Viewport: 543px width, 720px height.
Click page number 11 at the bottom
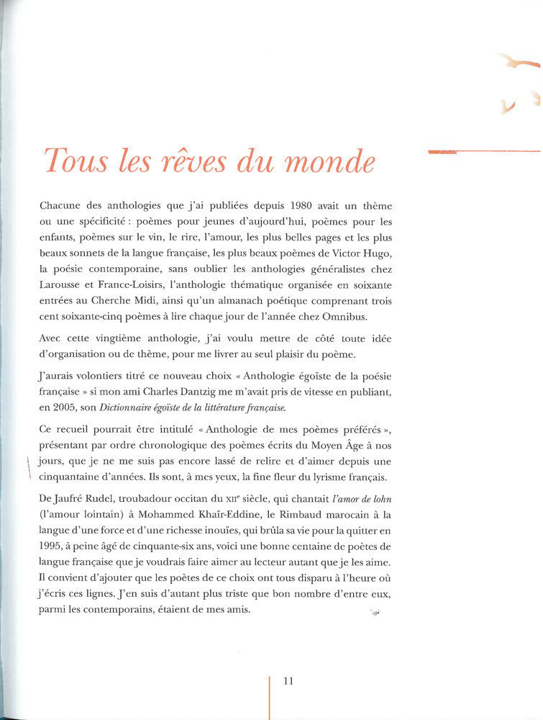[x=288, y=680]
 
